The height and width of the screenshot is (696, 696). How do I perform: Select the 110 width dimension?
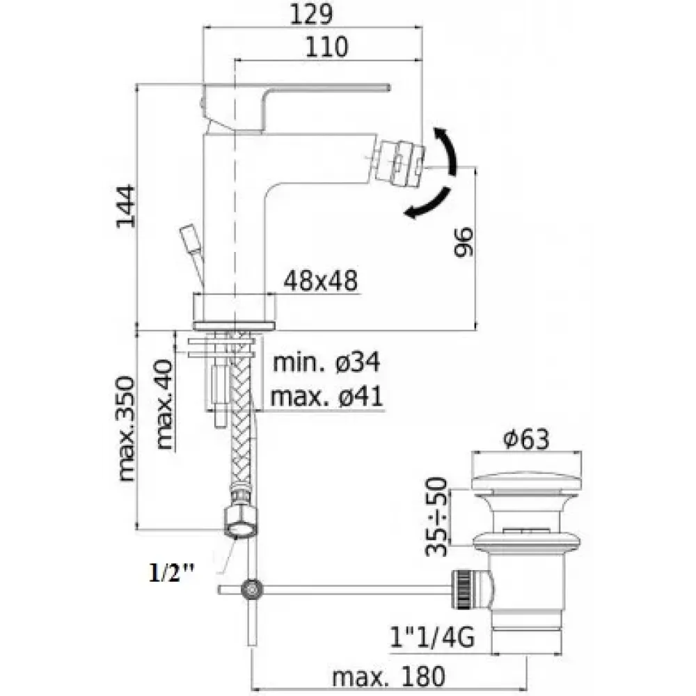pyautogui.click(x=326, y=47)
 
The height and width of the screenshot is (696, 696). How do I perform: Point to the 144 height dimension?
pyautogui.click(x=126, y=207)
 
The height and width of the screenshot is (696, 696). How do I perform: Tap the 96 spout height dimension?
pyautogui.click(x=464, y=242)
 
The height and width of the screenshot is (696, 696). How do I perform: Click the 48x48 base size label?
pyautogui.click(x=320, y=280)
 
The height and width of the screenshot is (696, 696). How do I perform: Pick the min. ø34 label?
pyautogui.click(x=326, y=362)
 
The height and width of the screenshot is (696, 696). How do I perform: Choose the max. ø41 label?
pyautogui.click(x=326, y=396)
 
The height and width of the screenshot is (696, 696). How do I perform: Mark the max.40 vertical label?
pyautogui.click(x=164, y=404)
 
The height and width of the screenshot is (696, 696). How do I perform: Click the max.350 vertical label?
pyautogui.click(x=126, y=429)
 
